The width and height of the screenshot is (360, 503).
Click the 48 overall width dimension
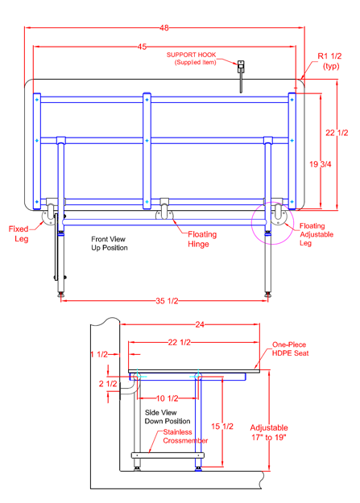[x=164, y=28]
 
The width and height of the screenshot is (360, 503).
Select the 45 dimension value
[x=142, y=47]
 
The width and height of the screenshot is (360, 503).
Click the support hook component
[x=241, y=76]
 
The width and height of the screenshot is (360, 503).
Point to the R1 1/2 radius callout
[x=330, y=61]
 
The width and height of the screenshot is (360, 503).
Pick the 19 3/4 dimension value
[x=321, y=164]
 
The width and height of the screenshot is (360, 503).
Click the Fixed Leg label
[x=19, y=234]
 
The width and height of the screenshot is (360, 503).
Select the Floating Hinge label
[x=202, y=239]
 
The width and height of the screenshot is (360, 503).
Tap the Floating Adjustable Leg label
[x=317, y=234]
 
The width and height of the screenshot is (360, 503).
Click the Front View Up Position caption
[x=110, y=244]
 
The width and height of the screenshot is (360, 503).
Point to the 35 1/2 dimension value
[x=167, y=301]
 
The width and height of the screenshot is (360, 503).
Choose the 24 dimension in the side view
[x=200, y=324]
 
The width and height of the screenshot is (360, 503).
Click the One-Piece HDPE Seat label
[x=290, y=349]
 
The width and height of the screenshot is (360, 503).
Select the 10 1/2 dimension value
[x=167, y=398]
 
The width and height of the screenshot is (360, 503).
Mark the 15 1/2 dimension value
[x=222, y=427]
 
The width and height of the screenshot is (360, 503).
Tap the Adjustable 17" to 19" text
[x=269, y=432]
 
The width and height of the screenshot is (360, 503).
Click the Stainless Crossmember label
[x=185, y=436]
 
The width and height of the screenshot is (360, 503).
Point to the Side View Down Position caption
[x=168, y=417]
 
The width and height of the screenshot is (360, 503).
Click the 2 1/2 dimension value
[x=108, y=384]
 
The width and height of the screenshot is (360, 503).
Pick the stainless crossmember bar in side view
[x=168, y=456]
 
